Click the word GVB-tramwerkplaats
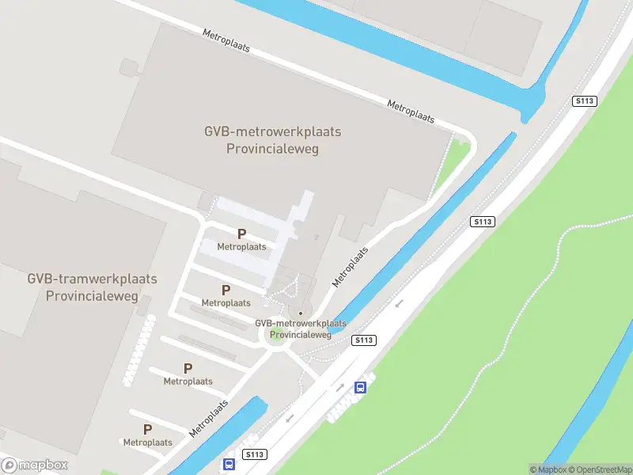(92, 279)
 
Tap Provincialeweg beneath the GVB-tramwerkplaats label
(92, 296)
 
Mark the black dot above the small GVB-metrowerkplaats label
(301, 313)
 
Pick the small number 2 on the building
(316, 236)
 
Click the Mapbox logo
(34, 465)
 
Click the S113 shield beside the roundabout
(363, 340)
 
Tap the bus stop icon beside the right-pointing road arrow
(361, 387)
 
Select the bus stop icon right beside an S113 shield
(229, 464)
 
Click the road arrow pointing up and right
(339, 386)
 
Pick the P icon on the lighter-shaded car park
(242, 234)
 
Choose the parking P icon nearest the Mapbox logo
(147, 430)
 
